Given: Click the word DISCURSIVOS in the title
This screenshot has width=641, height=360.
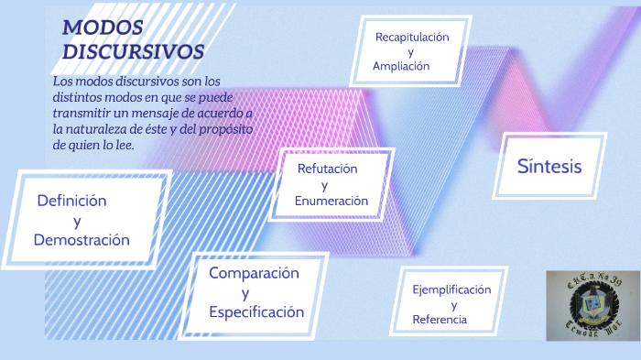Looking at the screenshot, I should click(133, 52).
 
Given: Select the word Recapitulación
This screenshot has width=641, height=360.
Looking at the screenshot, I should click(412, 38).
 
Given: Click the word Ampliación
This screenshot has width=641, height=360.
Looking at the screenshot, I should click(401, 67).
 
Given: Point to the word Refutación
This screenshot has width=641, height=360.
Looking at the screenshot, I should click(327, 169).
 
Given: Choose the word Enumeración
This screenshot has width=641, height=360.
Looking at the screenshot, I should click(331, 201).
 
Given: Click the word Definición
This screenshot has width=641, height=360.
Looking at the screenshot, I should click(71, 201).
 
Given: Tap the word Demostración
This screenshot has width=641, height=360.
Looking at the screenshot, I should click(81, 240).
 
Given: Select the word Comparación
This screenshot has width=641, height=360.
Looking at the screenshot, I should click(254, 273).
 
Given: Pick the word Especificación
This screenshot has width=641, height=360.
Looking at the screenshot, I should click(256, 312).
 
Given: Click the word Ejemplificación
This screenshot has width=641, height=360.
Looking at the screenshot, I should click(451, 289).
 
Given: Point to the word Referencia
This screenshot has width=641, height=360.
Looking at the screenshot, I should click(440, 320).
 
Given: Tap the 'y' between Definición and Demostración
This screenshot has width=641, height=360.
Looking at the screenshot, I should click(76, 221).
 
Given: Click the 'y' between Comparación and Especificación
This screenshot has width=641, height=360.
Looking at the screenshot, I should click(245, 293).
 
